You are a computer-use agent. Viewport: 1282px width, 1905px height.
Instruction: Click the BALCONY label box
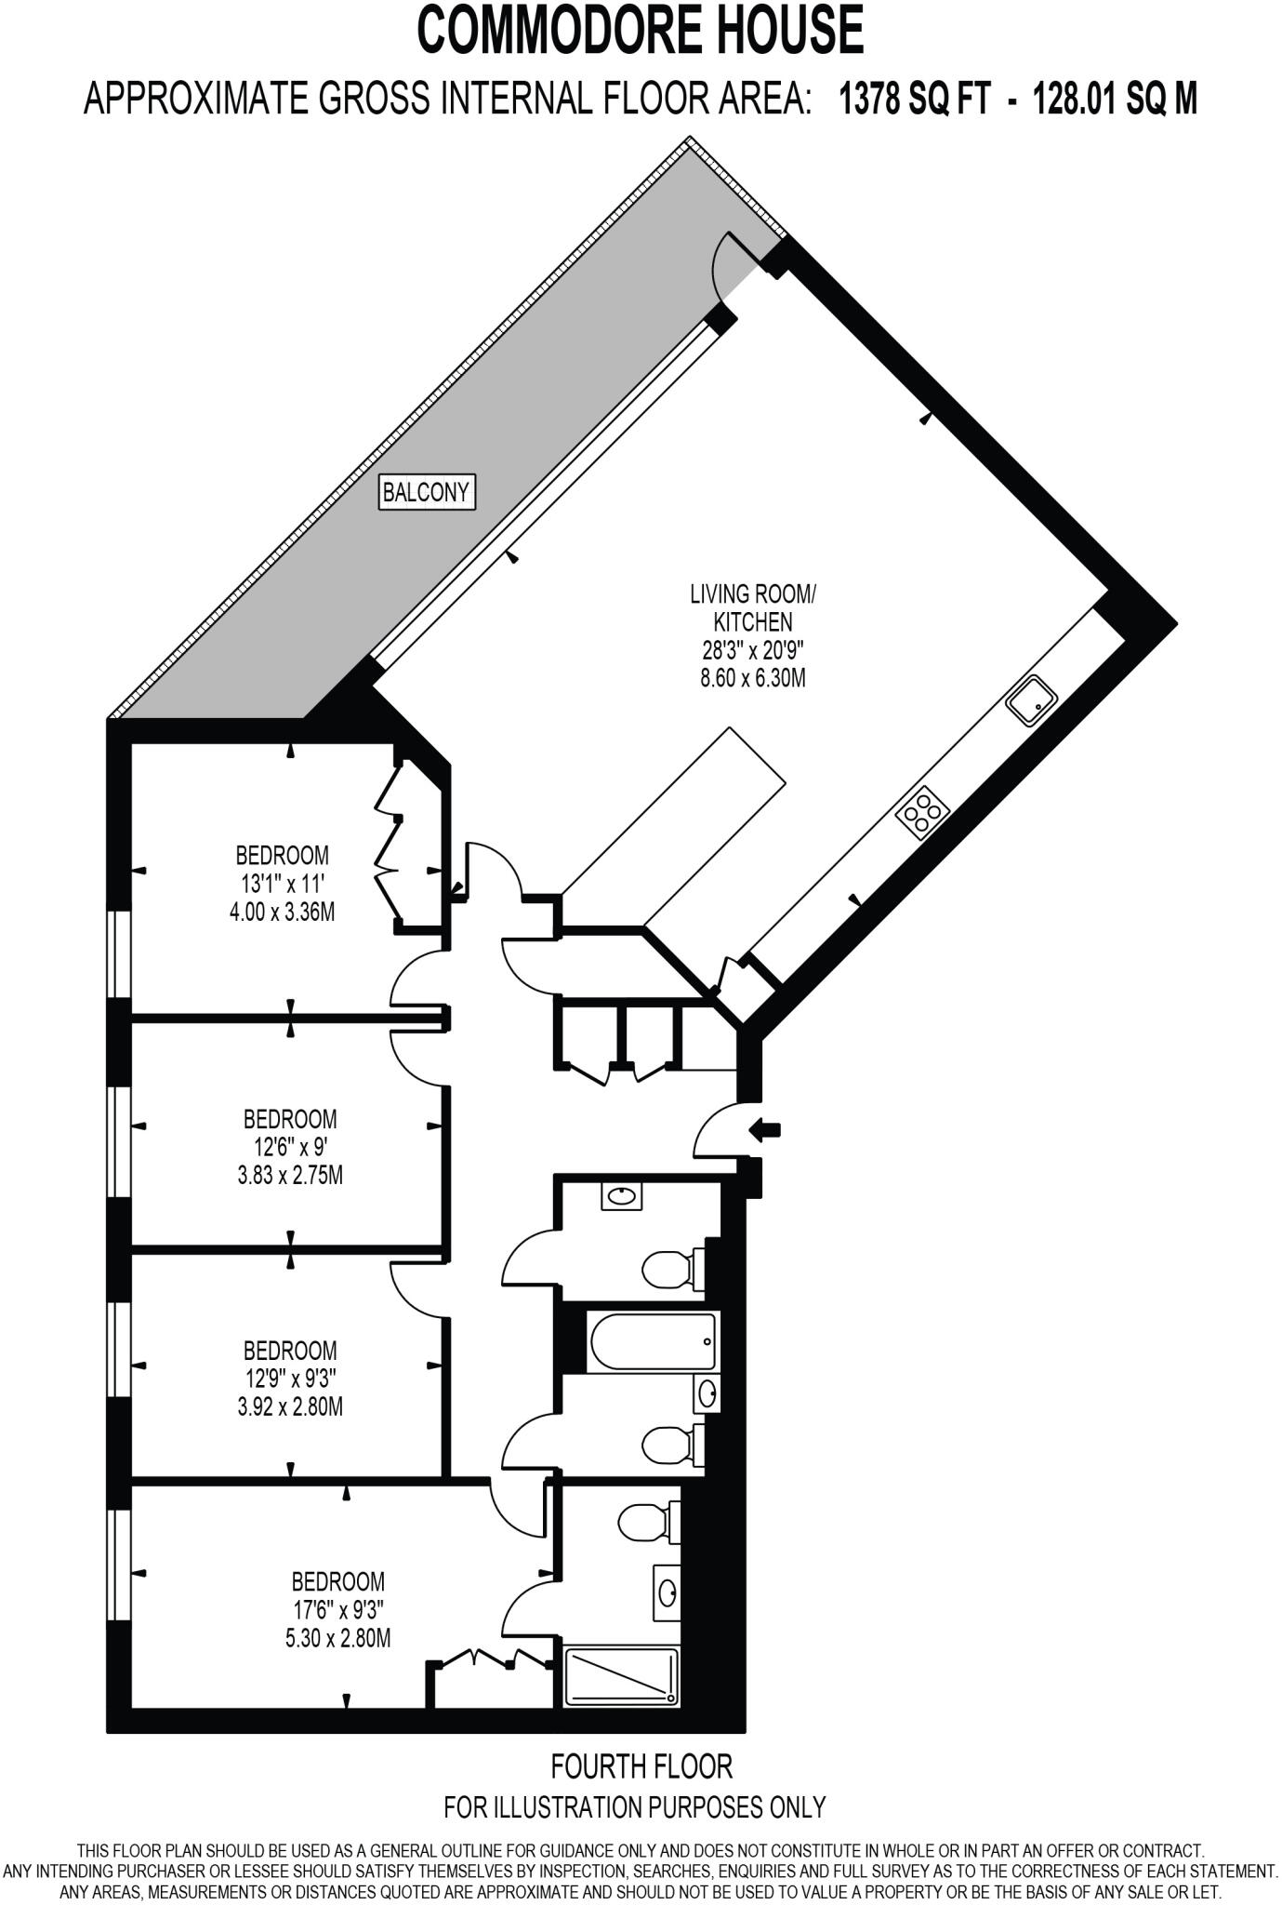click(428, 492)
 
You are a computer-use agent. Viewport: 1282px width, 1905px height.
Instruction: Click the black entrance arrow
click(765, 1130)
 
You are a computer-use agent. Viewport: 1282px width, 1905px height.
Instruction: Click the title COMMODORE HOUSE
click(641, 30)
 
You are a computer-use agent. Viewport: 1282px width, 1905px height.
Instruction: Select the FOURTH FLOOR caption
click(641, 1765)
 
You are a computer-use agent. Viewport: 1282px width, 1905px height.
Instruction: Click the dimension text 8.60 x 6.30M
click(752, 678)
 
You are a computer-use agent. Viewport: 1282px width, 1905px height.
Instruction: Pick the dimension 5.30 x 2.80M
click(337, 1638)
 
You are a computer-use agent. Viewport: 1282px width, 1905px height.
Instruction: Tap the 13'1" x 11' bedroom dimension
click(282, 883)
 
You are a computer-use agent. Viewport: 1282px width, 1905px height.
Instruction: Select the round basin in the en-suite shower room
click(667, 1592)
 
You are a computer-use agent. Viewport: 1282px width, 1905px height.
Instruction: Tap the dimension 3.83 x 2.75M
click(290, 1176)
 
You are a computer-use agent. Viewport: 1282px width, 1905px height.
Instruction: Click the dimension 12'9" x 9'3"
click(290, 1379)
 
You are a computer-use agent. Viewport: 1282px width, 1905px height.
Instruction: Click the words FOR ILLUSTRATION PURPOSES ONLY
click(635, 1807)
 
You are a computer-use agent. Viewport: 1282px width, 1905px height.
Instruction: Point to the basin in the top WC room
click(622, 1196)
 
